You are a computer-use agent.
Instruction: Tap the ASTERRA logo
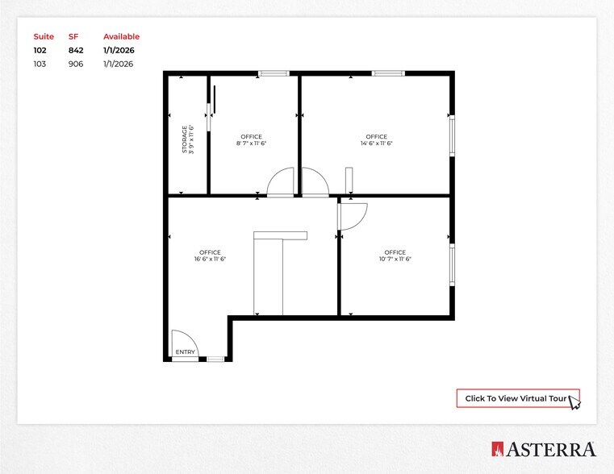coord(544,449)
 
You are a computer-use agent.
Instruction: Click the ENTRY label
coord(185,352)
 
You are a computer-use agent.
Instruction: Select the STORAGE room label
coord(185,139)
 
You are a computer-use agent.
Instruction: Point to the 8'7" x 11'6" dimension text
coord(252,143)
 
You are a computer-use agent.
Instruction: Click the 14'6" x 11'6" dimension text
coord(376,143)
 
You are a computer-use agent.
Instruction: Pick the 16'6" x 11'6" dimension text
coord(211,260)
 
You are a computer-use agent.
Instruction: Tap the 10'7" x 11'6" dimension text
coord(395,260)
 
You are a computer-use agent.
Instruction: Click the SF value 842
coord(76,50)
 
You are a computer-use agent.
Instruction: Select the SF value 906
coord(76,64)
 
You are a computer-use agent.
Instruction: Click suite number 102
coord(40,50)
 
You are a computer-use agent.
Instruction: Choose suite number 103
coord(40,64)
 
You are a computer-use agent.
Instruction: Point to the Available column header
coord(121,36)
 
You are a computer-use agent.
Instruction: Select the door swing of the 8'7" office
coord(282,182)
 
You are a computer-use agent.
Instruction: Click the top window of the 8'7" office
coord(274,74)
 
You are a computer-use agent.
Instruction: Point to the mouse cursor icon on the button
coord(574,401)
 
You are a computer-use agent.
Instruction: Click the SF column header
coord(73,36)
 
